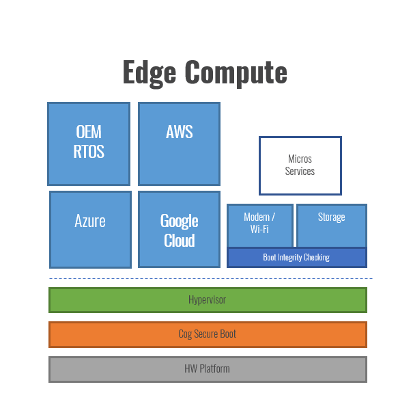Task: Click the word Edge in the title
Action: (150, 73)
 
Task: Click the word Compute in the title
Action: (236, 73)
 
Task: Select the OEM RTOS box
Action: (89, 144)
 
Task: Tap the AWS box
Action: (180, 144)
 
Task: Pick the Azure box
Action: (90, 230)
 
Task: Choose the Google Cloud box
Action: (180, 229)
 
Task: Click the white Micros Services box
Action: (300, 165)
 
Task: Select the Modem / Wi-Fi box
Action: (260, 226)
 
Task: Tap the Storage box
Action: (332, 226)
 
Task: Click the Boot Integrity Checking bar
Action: (297, 258)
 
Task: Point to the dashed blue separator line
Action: (210, 278)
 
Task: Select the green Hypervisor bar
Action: (208, 300)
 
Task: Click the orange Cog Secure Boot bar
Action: (208, 334)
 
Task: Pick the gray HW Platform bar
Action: (208, 369)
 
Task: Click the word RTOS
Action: (89, 152)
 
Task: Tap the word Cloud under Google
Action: (180, 241)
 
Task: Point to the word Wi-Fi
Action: (259, 229)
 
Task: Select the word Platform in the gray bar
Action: (214, 369)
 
